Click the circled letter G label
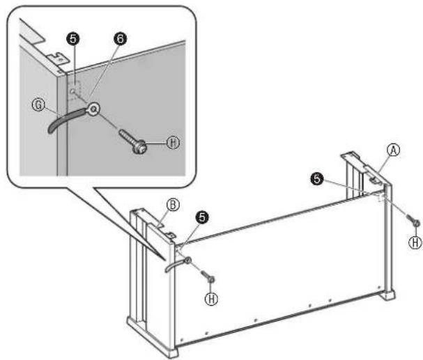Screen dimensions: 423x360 click(x=38, y=105)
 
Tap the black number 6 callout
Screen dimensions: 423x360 click(x=121, y=38)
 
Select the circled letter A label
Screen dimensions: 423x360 click(x=394, y=150)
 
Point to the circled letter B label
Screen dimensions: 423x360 click(x=173, y=205)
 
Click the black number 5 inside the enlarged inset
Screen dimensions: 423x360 click(x=73, y=38)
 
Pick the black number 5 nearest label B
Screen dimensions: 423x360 click(x=202, y=217)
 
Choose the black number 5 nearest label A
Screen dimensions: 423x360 click(x=316, y=179)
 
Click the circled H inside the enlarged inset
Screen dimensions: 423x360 click(x=173, y=142)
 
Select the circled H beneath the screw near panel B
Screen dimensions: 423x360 click(x=212, y=299)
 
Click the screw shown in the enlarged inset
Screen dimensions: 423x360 click(x=133, y=141)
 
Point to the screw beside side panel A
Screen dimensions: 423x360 click(x=413, y=220)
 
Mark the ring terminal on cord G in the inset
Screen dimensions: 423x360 click(x=93, y=109)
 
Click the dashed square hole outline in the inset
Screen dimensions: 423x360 click(x=75, y=91)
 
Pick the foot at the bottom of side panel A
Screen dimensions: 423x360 click(x=387, y=295)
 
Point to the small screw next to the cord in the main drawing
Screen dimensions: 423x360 click(x=208, y=276)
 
